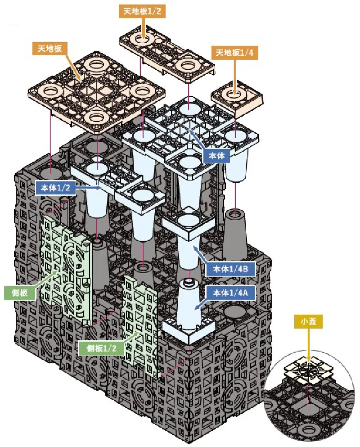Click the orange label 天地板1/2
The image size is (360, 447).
[142, 11]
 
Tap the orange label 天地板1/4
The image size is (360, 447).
[234, 53]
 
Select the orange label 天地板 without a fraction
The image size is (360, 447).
[50, 49]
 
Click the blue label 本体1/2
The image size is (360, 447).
[56, 188]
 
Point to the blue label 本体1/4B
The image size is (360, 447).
[230, 269]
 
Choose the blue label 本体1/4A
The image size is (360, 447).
[230, 293]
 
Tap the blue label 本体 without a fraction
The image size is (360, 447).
[216, 156]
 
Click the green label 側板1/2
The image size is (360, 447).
[102, 348]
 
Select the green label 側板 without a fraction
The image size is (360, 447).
[20, 293]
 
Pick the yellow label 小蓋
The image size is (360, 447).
[309, 321]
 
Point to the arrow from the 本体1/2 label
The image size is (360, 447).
[89, 188]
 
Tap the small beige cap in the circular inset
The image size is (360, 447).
[308, 370]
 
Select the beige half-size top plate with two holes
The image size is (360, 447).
[167, 54]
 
